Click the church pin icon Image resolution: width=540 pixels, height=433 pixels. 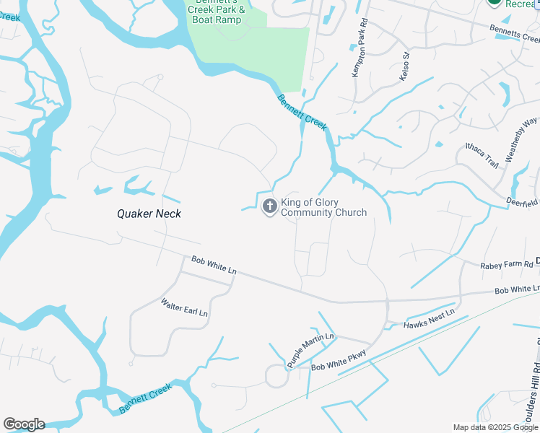click(269, 207)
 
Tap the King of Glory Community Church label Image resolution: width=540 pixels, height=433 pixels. click(323, 208)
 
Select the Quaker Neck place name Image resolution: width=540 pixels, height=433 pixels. click(149, 214)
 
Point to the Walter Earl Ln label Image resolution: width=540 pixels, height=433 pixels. click(184, 308)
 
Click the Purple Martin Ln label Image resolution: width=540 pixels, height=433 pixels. click(310, 351)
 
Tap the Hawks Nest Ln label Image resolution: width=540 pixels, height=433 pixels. click(430, 318)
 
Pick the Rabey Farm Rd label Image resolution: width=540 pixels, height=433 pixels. click(506, 266)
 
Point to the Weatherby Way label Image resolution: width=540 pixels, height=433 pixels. click(522, 141)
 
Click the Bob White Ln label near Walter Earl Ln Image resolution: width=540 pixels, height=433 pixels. click(214, 265)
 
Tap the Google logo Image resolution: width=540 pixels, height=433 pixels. click(24, 424)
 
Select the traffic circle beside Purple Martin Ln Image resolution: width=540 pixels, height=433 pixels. click(276, 375)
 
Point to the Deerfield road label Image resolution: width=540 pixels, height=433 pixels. click(522, 201)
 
